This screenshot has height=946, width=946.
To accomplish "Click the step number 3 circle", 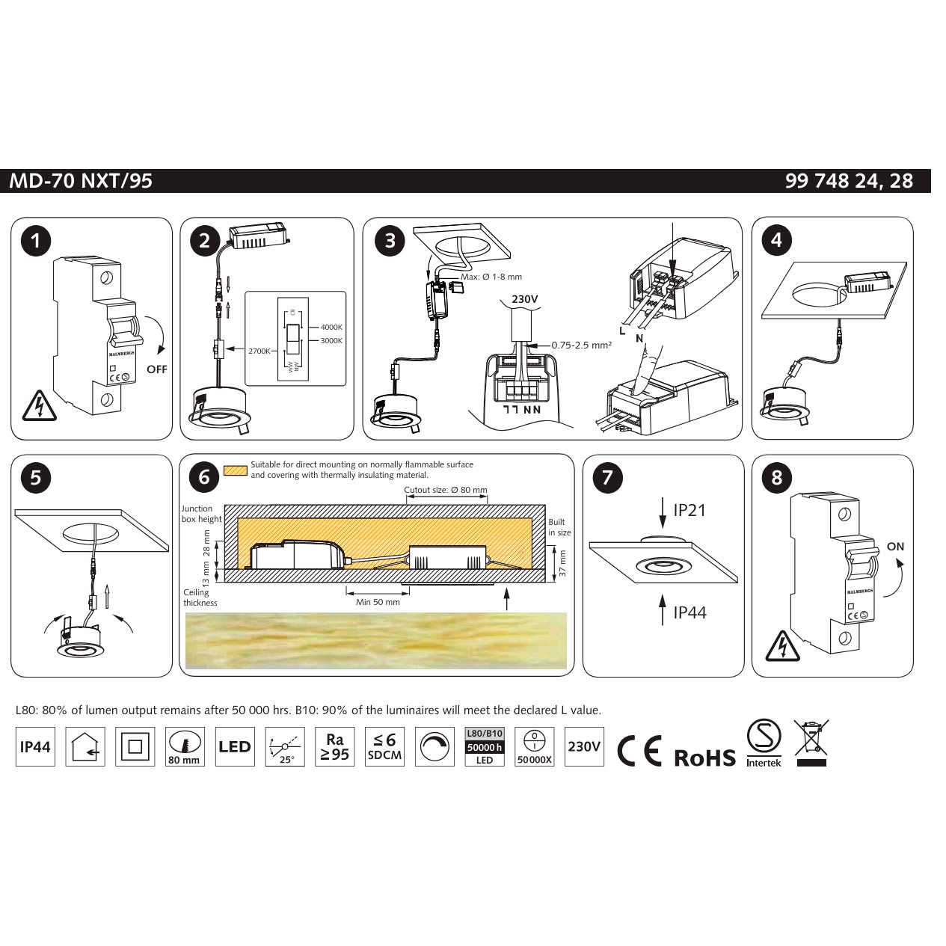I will [390, 240].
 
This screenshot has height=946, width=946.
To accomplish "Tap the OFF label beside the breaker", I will [157, 369].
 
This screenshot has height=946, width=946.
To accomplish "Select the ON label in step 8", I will [895, 547].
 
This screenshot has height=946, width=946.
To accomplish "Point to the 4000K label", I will [331, 328].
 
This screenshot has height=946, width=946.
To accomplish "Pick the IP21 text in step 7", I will [689, 510].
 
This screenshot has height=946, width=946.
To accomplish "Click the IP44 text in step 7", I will [689, 612].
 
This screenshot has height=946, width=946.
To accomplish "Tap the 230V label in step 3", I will [524, 300].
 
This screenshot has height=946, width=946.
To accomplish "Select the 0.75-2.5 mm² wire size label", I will [581, 345].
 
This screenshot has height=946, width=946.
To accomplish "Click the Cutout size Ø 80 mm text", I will [445, 491].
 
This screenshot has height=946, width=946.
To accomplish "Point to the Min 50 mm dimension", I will [378, 602].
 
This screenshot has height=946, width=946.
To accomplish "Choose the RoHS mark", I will [704, 758].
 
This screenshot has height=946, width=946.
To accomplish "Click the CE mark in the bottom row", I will [639, 751].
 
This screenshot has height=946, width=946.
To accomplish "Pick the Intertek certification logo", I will [764, 743].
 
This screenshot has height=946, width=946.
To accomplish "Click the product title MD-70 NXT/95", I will [81, 181].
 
